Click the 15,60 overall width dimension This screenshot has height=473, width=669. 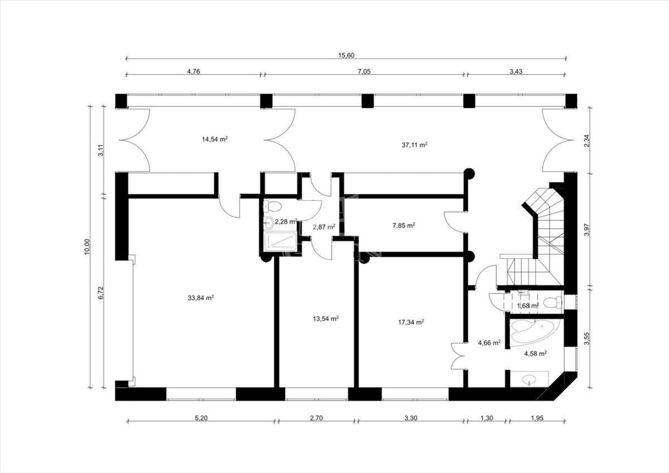click(346, 55)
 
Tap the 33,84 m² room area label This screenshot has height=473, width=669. click(201, 298)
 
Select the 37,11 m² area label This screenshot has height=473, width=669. click(415, 145)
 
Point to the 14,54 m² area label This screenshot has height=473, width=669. click(215, 139)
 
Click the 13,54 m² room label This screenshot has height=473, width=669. click(326, 318)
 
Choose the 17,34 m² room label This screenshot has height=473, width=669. click(411, 322)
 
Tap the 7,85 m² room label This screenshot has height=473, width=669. click(404, 225)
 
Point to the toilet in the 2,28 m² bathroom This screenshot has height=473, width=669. click(273, 206)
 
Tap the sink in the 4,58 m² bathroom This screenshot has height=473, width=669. click(529, 379)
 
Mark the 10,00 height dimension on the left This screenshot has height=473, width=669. click(87, 247)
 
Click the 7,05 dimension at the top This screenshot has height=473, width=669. click(365, 71)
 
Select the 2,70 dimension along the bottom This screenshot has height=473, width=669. click(316, 418)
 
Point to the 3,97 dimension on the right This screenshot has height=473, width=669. click(587, 230)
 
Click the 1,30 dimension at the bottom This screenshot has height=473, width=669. click(487, 418)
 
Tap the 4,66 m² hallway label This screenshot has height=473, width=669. click(489, 342)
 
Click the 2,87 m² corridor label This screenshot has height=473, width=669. click(324, 227)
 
